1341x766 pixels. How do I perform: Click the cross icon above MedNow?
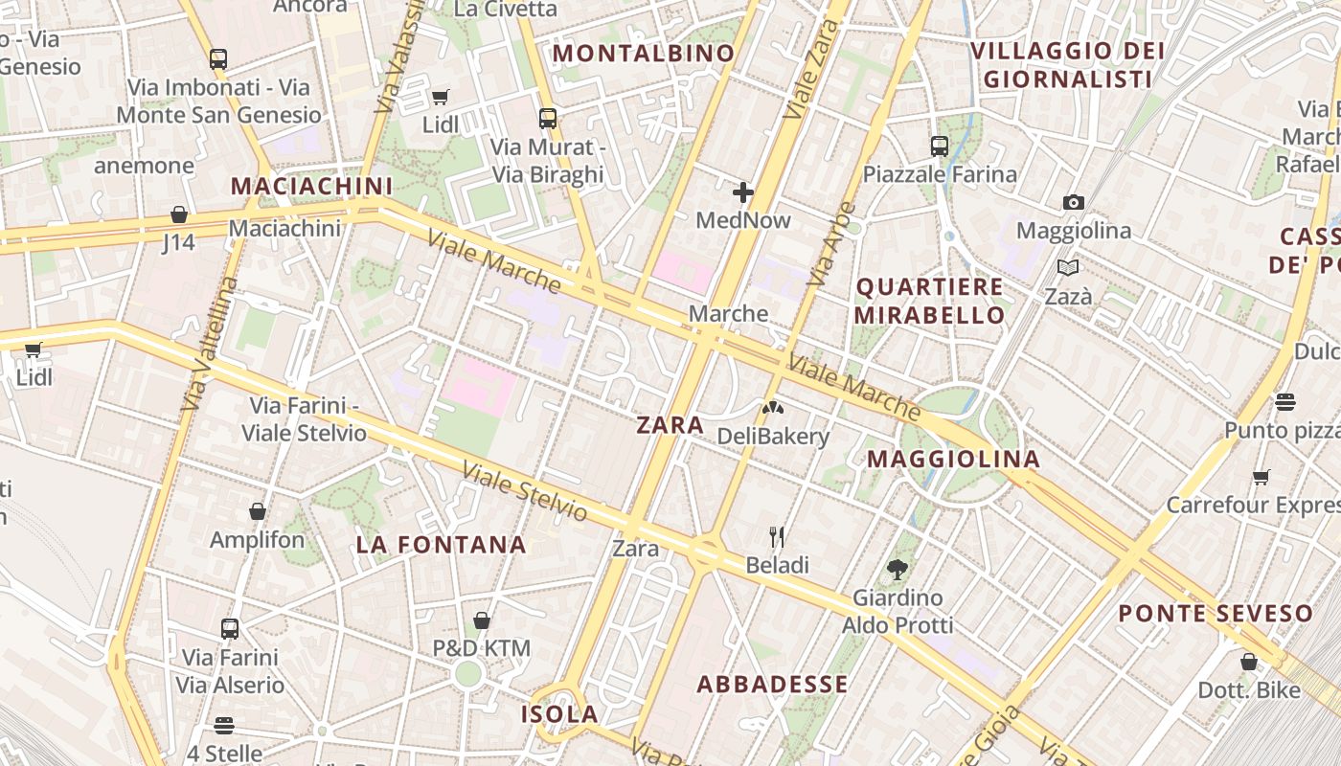[743, 192]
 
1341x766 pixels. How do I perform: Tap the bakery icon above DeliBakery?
[772, 408]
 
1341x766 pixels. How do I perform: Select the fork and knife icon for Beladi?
[777, 537]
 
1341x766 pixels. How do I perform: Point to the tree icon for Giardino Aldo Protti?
[898, 570]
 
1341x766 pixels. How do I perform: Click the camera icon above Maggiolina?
[1074, 202]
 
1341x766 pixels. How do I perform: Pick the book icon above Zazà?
[1068, 268]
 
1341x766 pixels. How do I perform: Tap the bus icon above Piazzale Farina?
[940, 146]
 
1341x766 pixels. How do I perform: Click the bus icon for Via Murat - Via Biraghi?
[548, 119]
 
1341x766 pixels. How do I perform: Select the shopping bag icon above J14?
[179, 214]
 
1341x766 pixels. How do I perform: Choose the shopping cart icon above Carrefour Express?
[1261, 477]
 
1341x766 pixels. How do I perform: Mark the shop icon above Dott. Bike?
[1249, 662]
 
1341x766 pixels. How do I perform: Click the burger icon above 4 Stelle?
[224, 726]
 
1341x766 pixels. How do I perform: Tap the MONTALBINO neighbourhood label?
[644, 54]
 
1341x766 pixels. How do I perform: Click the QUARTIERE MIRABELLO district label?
[929, 301]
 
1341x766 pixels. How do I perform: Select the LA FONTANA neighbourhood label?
[442, 545]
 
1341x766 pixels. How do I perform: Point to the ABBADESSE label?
[772, 684]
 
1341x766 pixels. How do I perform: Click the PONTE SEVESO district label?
[1216, 613]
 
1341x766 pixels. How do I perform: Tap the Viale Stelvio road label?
[524, 491]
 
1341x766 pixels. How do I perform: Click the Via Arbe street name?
[830, 244]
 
